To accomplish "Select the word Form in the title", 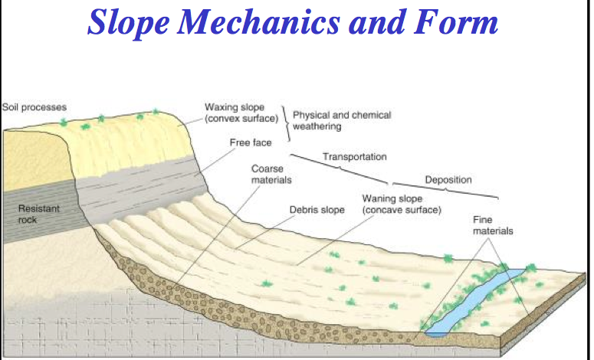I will (461, 22).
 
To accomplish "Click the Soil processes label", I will (34, 106).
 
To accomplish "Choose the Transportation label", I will (354, 157).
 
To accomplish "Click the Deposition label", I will (448, 180).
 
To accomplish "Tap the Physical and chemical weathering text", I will (341, 120).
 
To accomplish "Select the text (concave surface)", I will (402, 210).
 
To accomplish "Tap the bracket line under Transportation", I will (345, 169).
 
